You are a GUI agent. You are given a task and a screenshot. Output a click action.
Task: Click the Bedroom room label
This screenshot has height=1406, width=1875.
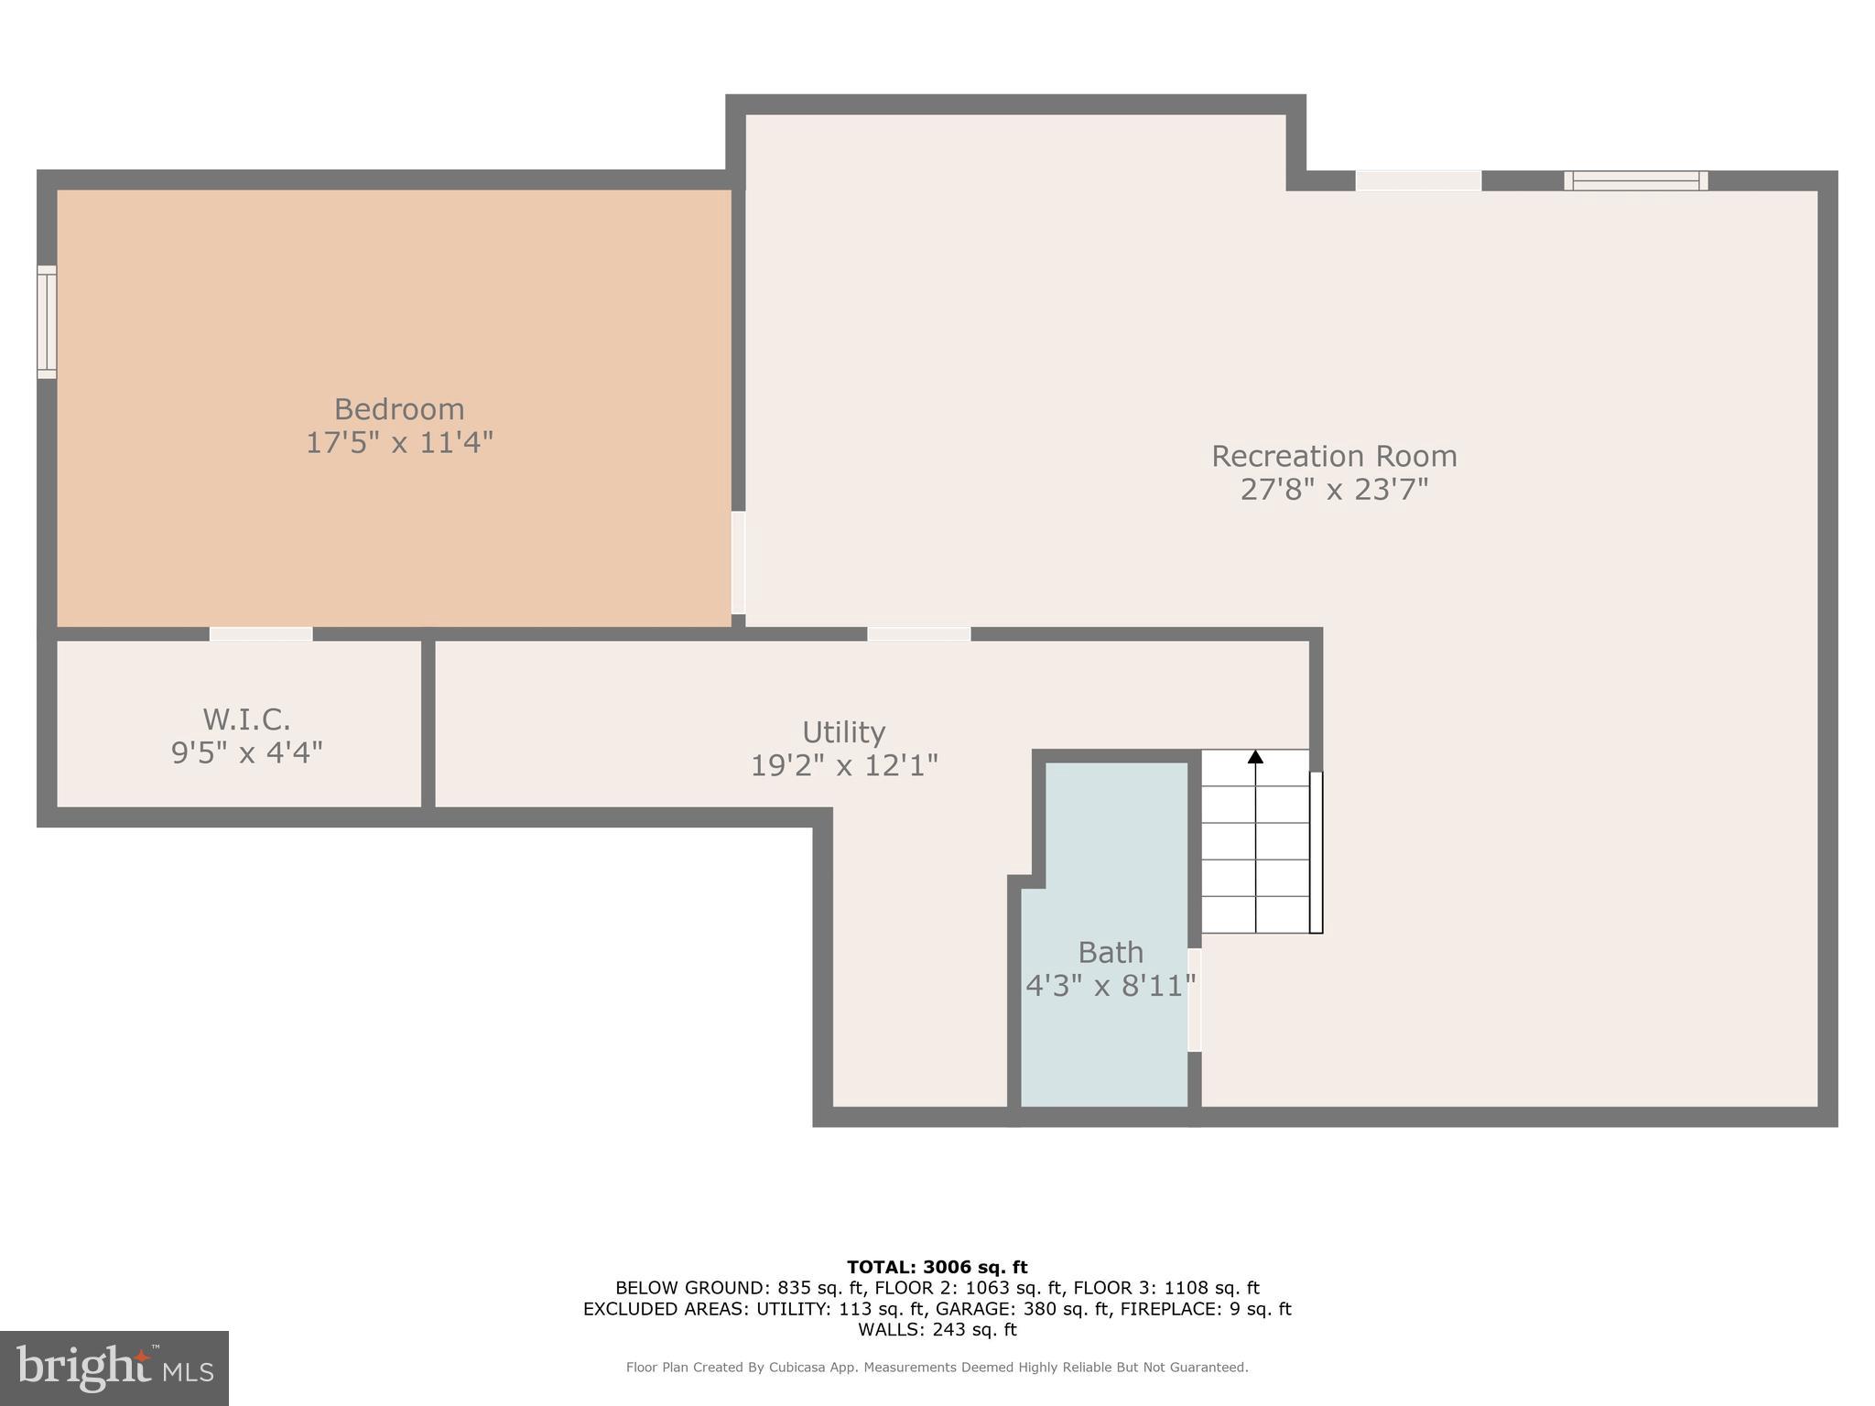[x=398, y=409]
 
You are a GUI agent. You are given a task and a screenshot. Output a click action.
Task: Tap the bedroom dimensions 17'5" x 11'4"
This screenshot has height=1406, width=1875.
[x=398, y=443]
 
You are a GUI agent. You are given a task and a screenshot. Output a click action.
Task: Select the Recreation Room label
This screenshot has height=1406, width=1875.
[x=1333, y=456]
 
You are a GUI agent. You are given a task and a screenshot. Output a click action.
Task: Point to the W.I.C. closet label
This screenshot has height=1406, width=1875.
[x=246, y=719]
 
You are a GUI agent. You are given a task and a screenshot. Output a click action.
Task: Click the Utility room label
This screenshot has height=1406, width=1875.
[x=843, y=732]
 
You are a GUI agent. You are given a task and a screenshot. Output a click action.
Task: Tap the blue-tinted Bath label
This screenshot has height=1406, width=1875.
[x=1110, y=953]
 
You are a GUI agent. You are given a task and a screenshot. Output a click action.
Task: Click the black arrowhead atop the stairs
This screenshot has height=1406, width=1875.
[x=1255, y=757]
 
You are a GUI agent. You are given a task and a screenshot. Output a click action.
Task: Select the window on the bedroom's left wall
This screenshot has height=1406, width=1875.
[x=47, y=322]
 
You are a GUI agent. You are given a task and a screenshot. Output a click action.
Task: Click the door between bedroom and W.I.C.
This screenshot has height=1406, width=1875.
[x=261, y=633]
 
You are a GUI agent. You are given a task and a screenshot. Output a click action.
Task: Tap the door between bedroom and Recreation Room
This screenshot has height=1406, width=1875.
[x=738, y=562]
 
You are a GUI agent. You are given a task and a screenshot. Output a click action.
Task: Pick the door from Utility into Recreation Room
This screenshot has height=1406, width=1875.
[x=918, y=633]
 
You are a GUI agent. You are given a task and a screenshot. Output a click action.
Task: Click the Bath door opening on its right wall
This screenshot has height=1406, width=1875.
[x=1194, y=1000]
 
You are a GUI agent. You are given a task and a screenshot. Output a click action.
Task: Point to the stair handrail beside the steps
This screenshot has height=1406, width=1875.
[x=1316, y=852]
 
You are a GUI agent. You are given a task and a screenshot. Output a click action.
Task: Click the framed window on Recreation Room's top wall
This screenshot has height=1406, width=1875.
[x=1635, y=180]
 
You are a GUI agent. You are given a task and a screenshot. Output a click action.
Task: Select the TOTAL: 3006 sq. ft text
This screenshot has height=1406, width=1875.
[x=937, y=1268]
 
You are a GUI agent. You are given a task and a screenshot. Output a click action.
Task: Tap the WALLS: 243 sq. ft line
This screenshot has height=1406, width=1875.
[x=937, y=1330]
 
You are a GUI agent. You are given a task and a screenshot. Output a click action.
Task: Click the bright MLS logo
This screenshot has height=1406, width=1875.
[x=114, y=1368]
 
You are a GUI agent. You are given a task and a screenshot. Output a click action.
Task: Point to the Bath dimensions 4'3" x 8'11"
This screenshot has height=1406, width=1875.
[x=1110, y=987]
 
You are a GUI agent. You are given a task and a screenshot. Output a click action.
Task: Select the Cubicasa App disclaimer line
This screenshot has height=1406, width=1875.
[x=937, y=1368]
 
